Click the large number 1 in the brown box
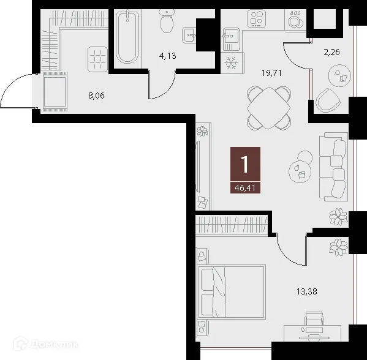click(x=245, y=164)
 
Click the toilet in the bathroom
click(x=166, y=23)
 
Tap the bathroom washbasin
click(x=192, y=35)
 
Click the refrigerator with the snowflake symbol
click(x=232, y=63)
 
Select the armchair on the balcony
click(x=329, y=100)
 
